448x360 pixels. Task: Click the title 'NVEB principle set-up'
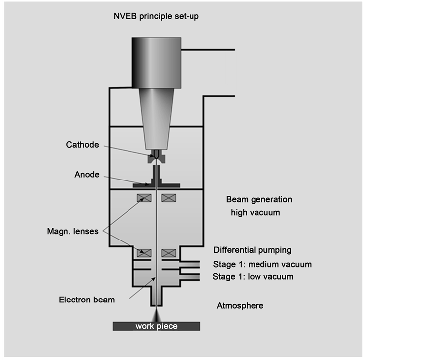pyautogui.click(x=156, y=16)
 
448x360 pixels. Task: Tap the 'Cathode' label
pyautogui.click(x=82, y=145)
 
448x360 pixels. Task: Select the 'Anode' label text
pyautogui.click(x=87, y=175)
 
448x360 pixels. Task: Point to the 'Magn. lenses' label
pyautogui.click(x=72, y=231)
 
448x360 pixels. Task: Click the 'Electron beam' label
pyautogui.click(x=86, y=300)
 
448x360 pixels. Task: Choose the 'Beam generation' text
pyautogui.click(x=259, y=200)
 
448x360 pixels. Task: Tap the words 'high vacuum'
pyautogui.click(x=255, y=213)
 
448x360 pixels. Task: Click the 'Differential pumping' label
pyautogui.click(x=252, y=250)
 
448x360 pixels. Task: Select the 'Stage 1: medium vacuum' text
pyautogui.click(x=262, y=264)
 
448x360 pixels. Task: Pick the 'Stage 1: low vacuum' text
pyautogui.click(x=253, y=277)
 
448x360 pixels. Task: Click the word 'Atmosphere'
pyautogui.click(x=240, y=306)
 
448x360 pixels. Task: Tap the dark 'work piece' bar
pyautogui.click(x=156, y=326)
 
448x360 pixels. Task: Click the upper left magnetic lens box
pyautogui.click(x=144, y=197)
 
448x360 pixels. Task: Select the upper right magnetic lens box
pyautogui.click(x=169, y=197)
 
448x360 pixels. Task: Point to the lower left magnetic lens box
pyautogui.click(x=144, y=252)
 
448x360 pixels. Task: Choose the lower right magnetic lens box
pyautogui.click(x=169, y=252)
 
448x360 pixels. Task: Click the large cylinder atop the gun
pyautogui.click(x=156, y=62)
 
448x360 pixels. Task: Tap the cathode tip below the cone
pyautogui.click(x=156, y=157)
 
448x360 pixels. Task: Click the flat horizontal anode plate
pyautogui.click(x=156, y=185)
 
